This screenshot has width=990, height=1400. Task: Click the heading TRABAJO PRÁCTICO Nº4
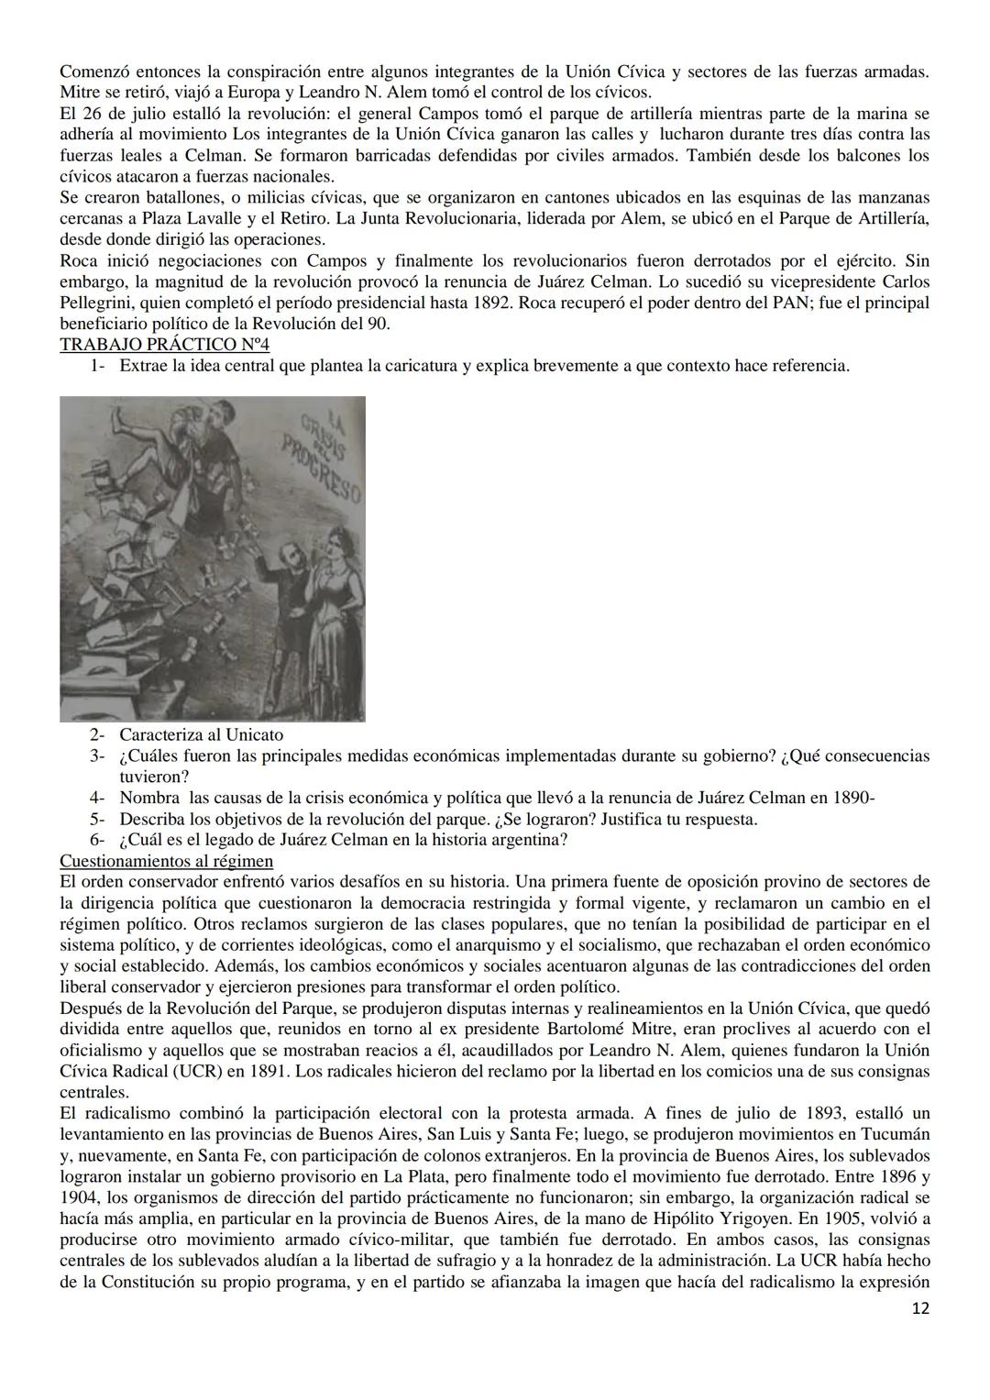click(x=164, y=345)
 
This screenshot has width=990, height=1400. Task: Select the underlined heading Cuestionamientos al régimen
click(x=166, y=861)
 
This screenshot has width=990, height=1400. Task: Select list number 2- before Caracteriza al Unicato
click(x=97, y=734)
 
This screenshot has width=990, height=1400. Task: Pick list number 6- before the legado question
click(x=97, y=839)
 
